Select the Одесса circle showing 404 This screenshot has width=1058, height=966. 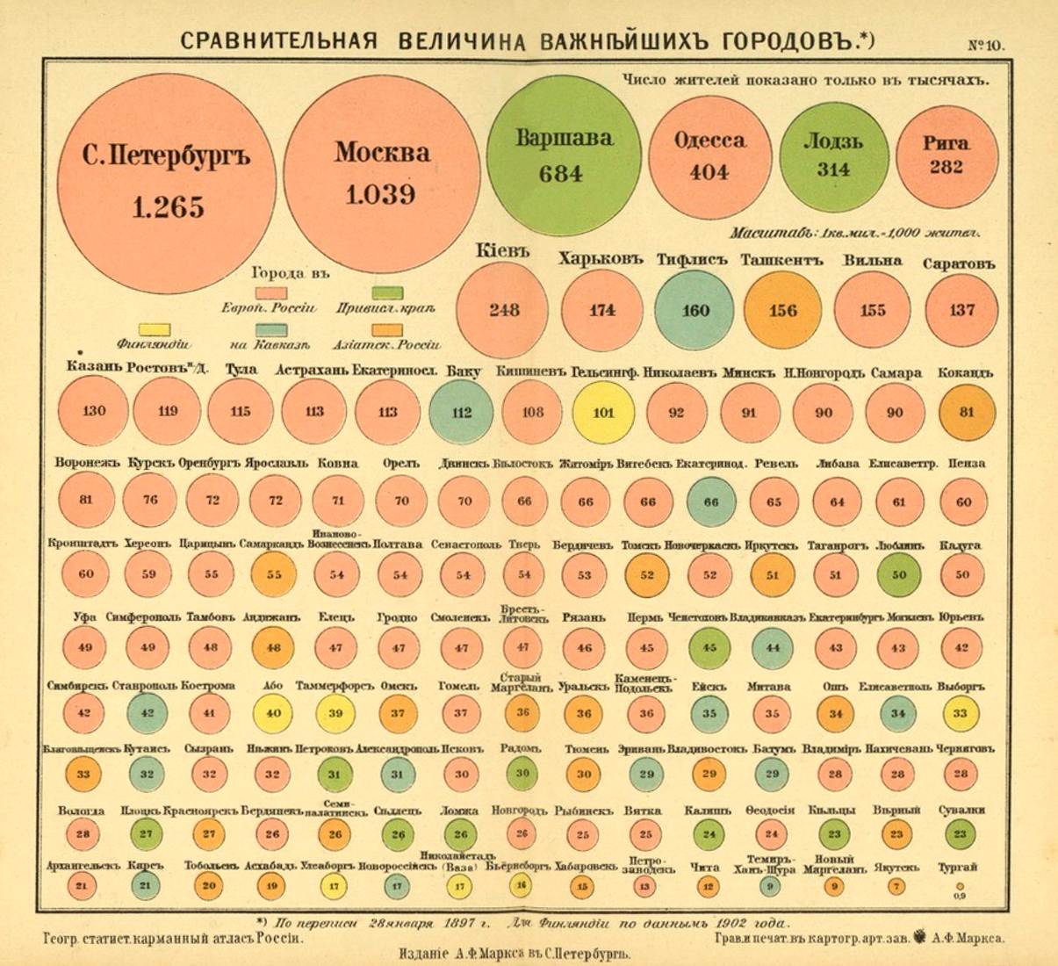point(709,155)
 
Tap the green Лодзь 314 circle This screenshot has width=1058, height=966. point(833,155)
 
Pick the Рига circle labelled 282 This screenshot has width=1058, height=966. point(946,155)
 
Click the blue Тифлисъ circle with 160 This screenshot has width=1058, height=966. point(695,310)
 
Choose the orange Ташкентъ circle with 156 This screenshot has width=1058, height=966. point(783,310)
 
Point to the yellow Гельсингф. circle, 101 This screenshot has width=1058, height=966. point(603,412)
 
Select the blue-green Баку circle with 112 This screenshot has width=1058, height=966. point(462,412)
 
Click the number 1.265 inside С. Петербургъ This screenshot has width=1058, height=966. point(169,207)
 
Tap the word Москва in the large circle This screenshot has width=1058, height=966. point(382,152)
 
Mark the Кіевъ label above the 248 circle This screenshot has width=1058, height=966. point(503,251)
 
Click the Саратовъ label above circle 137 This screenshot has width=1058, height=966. point(959,263)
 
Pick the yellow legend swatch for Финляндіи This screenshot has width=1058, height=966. point(155,329)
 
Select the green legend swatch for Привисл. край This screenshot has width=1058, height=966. point(388,292)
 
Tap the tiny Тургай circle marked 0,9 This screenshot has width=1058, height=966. point(960,887)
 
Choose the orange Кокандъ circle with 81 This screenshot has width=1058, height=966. point(967,412)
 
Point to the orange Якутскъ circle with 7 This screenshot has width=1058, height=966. point(896,887)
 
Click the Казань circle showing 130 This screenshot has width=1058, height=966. point(93,412)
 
